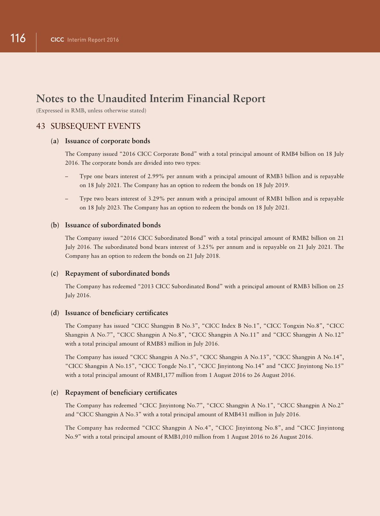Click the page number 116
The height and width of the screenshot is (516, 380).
[18, 38]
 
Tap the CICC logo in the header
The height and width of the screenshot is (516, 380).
[57, 40]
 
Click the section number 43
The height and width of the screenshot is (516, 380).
[41, 126]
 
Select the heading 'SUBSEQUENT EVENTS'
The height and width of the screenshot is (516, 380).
[95, 126]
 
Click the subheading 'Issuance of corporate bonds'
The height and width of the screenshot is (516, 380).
[108, 141]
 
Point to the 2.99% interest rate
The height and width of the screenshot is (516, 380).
[156, 176]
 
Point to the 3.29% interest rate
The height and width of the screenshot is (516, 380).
[156, 199]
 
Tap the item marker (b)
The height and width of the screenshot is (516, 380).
[55, 225]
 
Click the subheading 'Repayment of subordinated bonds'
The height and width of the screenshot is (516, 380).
[117, 273]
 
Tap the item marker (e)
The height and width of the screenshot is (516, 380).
[55, 393]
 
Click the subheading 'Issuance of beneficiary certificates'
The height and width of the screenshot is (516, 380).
[117, 313]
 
